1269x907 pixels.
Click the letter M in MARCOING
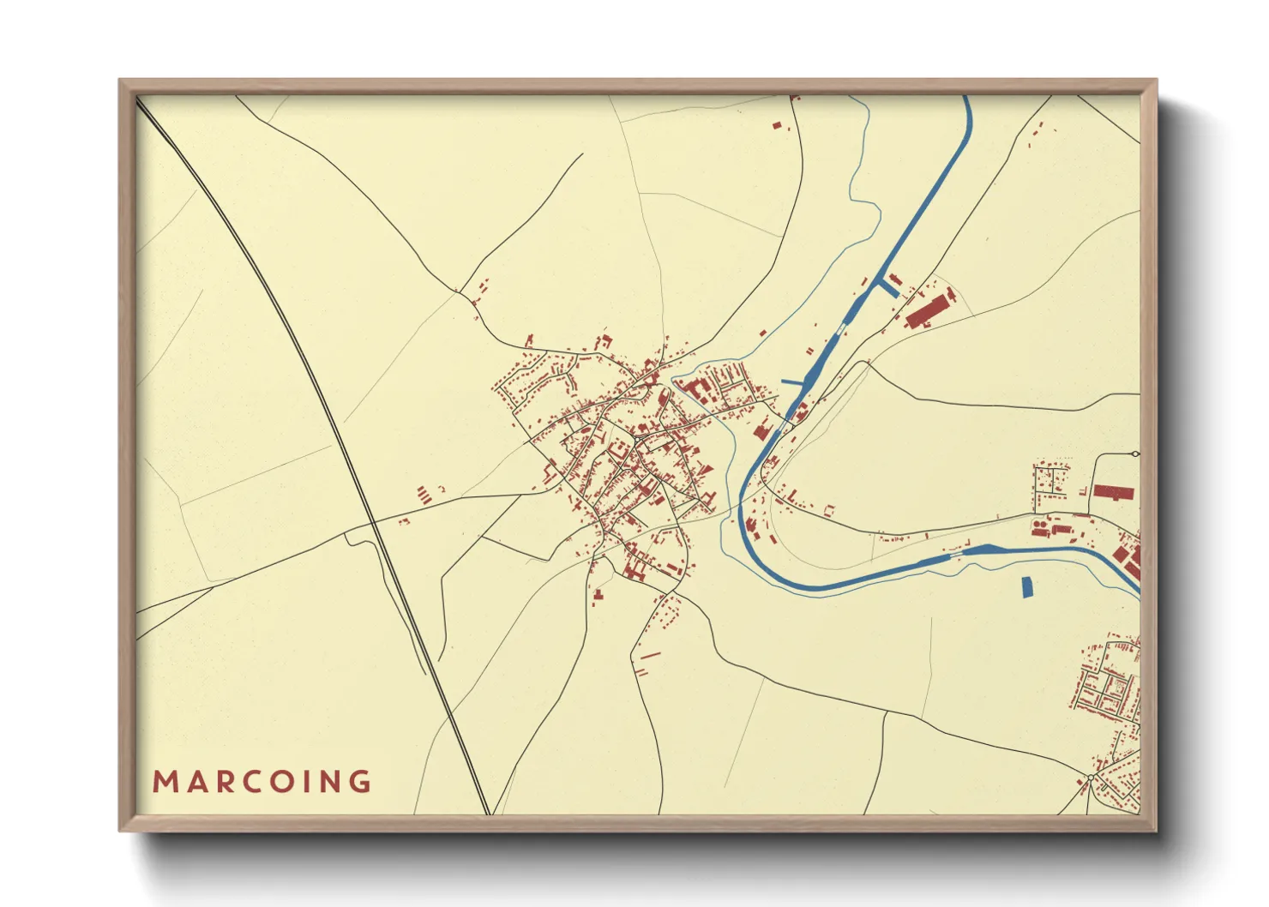165,782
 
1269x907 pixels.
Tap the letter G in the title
360,782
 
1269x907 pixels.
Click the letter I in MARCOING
304,782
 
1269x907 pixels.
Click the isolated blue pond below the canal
1027,587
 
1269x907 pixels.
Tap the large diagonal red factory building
929,309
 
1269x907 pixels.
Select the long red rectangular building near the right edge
1113,492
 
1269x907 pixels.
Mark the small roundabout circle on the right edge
1135,453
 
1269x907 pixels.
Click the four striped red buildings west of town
423,495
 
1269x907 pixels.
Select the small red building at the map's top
777,126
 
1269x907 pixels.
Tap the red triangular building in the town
706,468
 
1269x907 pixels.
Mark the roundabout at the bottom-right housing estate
1090,778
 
